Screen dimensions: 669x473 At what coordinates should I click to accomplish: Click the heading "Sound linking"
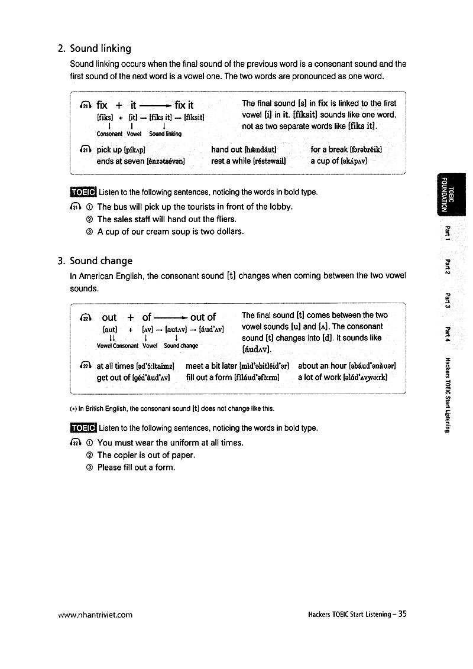pyautogui.click(x=101, y=48)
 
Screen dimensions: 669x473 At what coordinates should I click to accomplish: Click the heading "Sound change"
pyautogui.click(x=101, y=261)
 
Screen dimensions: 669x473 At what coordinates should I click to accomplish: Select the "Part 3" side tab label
pyautogui.click(x=448, y=300)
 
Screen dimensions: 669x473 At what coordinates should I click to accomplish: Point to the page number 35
pyautogui.click(x=403, y=614)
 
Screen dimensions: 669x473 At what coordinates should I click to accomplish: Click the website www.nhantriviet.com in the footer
pyautogui.click(x=95, y=615)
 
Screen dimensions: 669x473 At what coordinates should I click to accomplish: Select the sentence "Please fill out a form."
pyautogui.click(x=136, y=467)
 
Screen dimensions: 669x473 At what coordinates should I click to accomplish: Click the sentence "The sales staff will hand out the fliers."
pyautogui.click(x=167, y=219)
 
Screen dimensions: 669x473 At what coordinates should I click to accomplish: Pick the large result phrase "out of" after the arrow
pyautogui.click(x=203, y=317)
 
